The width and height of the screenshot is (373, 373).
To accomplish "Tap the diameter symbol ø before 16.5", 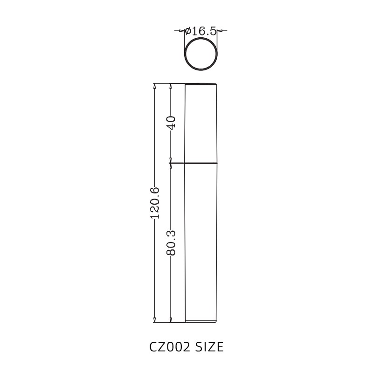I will [x=187, y=31].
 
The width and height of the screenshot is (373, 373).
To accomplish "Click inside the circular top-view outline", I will [x=201, y=54].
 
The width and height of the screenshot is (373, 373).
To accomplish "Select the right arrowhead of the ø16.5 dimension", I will [x=220, y=31].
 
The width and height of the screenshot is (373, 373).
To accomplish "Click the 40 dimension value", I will [x=171, y=123].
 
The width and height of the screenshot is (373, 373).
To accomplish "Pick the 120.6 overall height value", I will [x=155, y=203].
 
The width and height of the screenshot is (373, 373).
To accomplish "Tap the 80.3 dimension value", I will [x=171, y=242].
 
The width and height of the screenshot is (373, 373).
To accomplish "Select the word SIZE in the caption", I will [x=209, y=347].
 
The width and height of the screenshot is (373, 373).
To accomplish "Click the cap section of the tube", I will [x=201, y=124].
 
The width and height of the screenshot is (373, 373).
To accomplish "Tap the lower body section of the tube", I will [x=201, y=242].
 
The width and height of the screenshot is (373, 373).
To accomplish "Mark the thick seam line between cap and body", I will [x=201, y=163].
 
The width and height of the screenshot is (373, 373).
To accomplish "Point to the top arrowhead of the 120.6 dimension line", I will [x=155, y=86].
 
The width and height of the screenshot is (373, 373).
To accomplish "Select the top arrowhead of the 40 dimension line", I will [x=171, y=86].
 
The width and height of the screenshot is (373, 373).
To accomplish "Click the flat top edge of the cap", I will [x=201, y=84].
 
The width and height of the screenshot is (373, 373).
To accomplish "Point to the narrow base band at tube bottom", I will [x=201, y=321].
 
